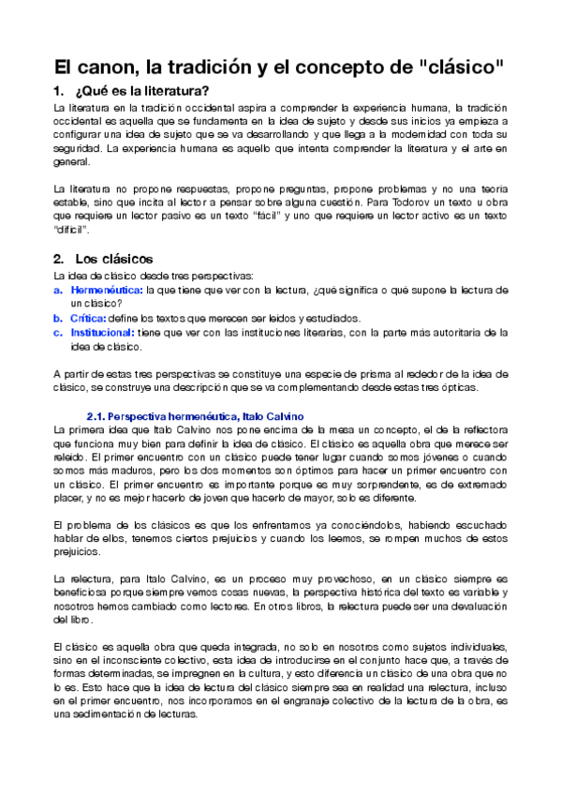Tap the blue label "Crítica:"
pyautogui.click(x=90, y=318)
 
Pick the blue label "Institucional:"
pyautogui.click(x=103, y=332)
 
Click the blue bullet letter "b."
pyautogui.click(x=58, y=318)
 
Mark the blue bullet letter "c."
pyautogui.click(x=58, y=332)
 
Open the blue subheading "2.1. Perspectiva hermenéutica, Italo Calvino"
pyautogui.click(x=194, y=415)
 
